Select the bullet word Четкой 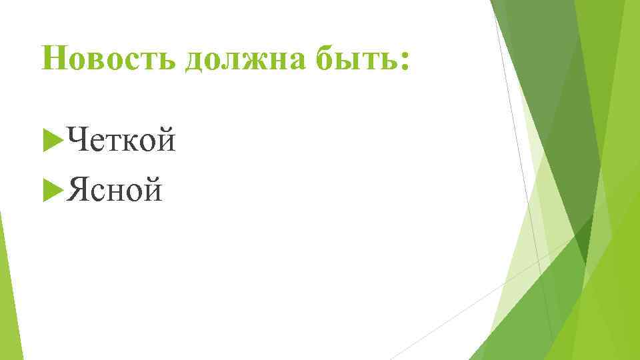[122, 141]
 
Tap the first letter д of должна [197, 62]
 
